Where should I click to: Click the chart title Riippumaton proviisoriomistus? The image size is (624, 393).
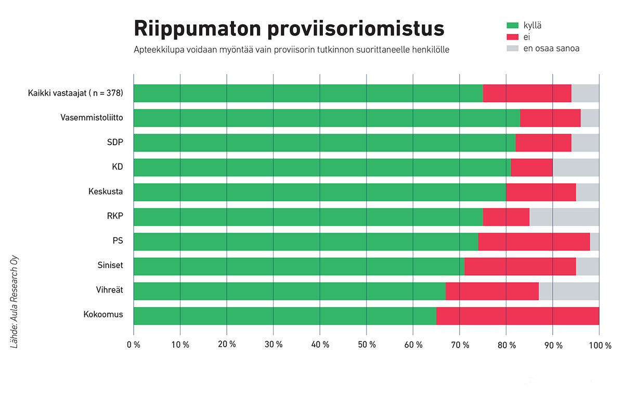pyautogui.click(x=289, y=29)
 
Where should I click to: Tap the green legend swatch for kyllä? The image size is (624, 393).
pyautogui.click(x=513, y=25)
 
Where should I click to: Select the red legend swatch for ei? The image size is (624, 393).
pyautogui.click(x=513, y=37)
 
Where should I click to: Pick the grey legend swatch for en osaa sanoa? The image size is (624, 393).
pyautogui.click(x=513, y=49)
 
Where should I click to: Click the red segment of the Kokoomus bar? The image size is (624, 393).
pyautogui.click(x=517, y=316)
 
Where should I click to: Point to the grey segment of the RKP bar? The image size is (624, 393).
pyautogui.click(x=564, y=217)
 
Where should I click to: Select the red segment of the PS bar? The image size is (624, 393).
pyautogui.click(x=534, y=242)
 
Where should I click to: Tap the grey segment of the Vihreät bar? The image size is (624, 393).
pyautogui.click(x=569, y=291)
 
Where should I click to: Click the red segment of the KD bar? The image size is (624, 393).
pyautogui.click(x=531, y=168)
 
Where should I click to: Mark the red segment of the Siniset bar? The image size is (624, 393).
pyautogui.click(x=520, y=267)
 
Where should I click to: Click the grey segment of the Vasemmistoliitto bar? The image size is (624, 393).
pyautogui.click(x=590, y=118)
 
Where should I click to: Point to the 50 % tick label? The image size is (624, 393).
pyautogui.click(x=366, y=345)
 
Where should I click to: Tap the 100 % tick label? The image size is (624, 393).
pyautogui.click(x=600, y=345)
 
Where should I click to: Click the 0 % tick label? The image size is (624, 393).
pyautogui.click(x=134, y=345)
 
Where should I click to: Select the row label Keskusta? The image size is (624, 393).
pyautogui.click(x=106, y=192)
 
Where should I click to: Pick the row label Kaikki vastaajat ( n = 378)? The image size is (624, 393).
pyautogui.click(x=75, y=94)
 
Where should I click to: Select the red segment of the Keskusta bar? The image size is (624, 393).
pyautogui.click(x=541, y=192)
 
